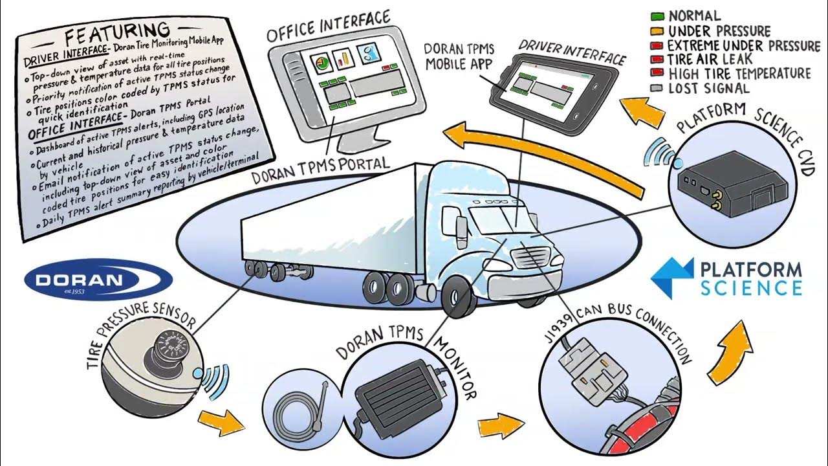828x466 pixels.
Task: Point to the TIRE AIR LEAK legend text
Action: [710, 60]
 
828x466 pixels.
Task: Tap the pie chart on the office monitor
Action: [320, 63]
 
